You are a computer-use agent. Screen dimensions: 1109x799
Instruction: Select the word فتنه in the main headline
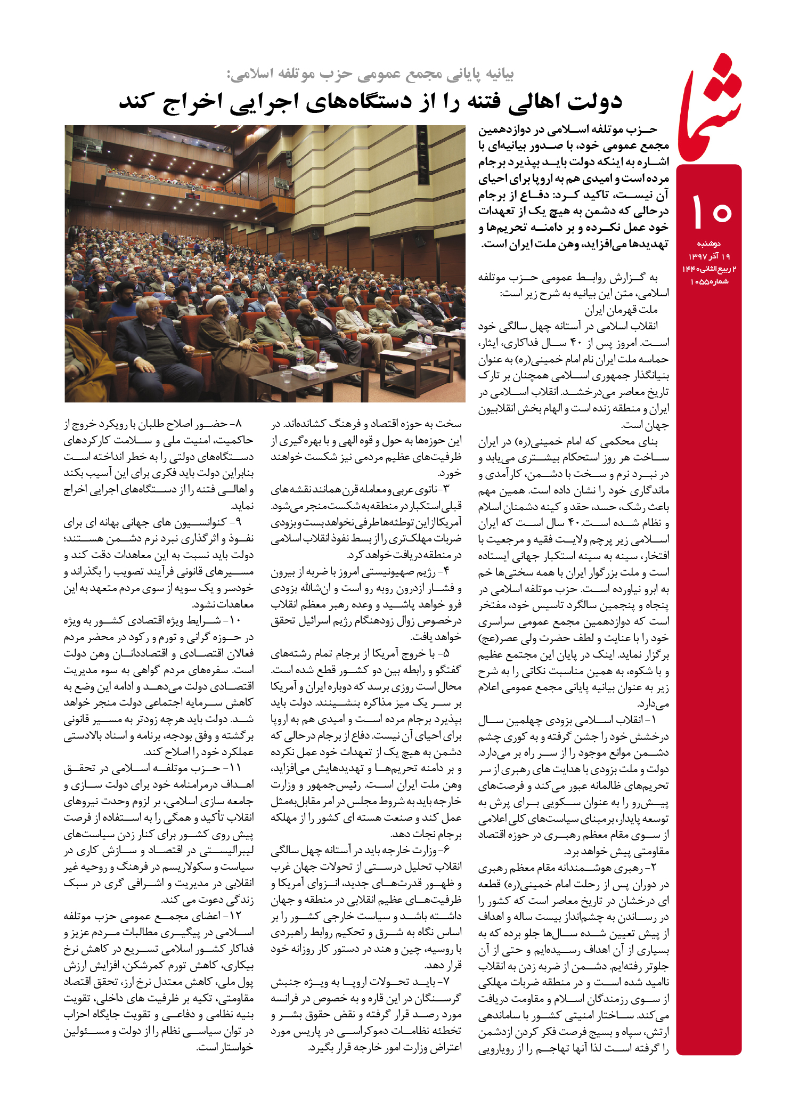(x=469, y=101)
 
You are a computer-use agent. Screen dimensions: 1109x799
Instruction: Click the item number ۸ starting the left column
(x=238, y=424)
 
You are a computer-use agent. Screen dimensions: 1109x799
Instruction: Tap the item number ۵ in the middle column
(x=446, y=653)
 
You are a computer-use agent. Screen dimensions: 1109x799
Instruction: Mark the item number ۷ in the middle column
(x=446, y=981)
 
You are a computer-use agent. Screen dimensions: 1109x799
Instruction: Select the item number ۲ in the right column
(x=654, y=868)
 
